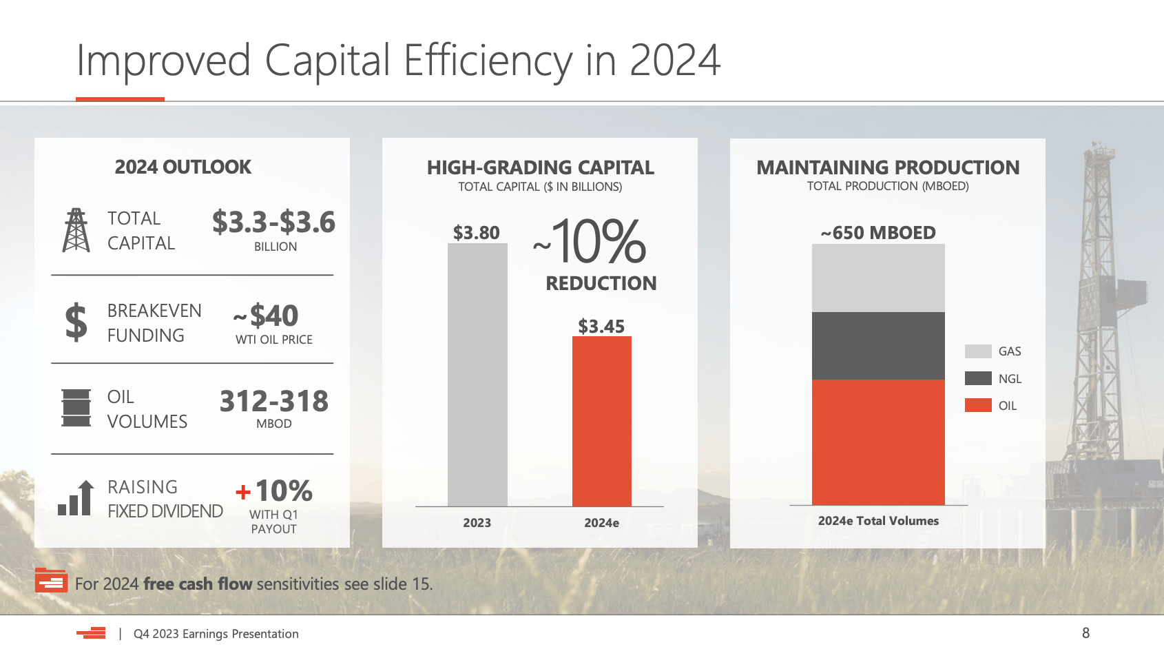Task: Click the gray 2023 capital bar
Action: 477,375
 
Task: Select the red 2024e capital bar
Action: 601,421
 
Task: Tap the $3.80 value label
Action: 476,233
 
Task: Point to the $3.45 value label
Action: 601,326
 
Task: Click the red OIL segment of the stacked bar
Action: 878,442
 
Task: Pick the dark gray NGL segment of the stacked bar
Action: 878,346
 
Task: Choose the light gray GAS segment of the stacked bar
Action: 878,278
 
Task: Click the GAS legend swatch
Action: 978,351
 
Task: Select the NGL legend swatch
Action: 978,378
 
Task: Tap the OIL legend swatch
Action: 978,405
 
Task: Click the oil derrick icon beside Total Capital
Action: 76,230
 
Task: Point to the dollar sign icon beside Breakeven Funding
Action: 76,322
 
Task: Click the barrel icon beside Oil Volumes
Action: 76,408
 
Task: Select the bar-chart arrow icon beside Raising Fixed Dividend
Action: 76,498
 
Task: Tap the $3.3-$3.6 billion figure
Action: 273,223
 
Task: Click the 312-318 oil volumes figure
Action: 273,401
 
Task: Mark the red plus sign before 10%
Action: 242,492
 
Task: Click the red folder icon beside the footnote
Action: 51,580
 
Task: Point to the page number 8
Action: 1085,632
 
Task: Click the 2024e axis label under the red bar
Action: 601,523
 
